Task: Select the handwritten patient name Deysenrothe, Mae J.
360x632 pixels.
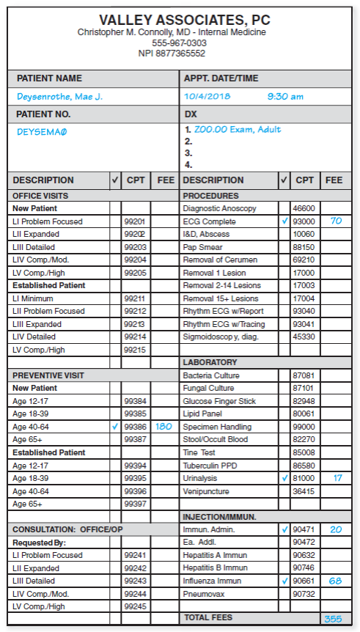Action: (x=60, y=96)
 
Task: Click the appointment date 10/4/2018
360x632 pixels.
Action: (x=207, y=96)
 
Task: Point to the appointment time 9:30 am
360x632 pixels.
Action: (x=285, y=96)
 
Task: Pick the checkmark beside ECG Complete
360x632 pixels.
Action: (x=284, y=221)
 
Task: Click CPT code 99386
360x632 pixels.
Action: (x=135, y=427)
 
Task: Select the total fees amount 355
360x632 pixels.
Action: (x=333, y=619)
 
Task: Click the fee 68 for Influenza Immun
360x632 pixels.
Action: (x=335, y=581)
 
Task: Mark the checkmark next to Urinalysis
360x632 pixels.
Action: (x=284, y=478)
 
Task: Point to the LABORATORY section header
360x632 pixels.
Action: (x=210, y=362)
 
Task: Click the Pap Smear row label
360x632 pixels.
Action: (x=202, y=247)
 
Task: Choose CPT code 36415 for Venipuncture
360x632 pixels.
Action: (x=304, y=491)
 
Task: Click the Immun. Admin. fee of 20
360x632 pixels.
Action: (x=335, y=529)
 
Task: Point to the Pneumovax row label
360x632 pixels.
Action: (x=204, y=593)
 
